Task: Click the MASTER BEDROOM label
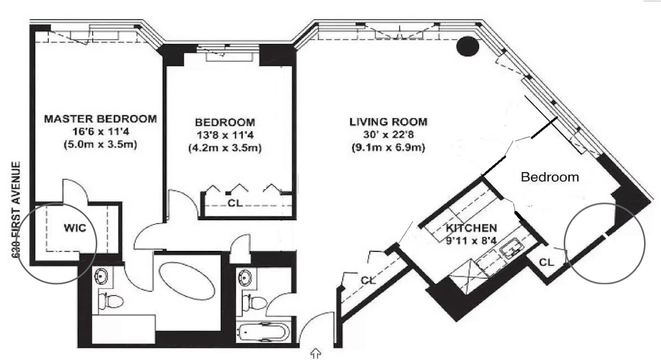(100, 119)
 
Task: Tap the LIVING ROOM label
(388, 122)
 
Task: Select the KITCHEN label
(471, 228)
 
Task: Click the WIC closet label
(75, 228)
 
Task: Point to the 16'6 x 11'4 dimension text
(101, 132)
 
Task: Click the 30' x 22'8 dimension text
(388, 135)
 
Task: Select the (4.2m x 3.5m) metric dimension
(225, 148)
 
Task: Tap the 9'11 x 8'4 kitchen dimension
(471, 240)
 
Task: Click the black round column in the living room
(467, 46)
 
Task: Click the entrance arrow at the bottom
(316, 353)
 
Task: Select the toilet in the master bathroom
(110, 301)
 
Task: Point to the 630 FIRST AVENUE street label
(17, 210)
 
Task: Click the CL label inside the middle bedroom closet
(235, 203)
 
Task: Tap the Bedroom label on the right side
(550, 177)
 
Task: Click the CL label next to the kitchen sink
(547, 262)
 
